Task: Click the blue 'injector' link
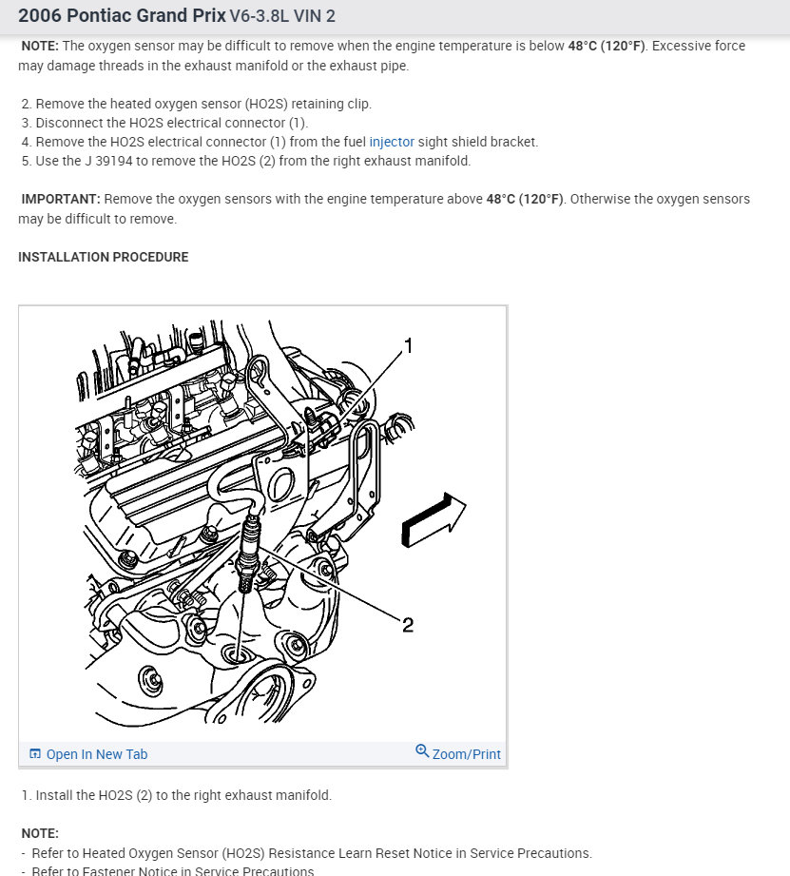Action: point(392,142)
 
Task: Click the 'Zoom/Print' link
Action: point(466,754)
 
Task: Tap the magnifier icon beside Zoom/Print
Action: point(422,750)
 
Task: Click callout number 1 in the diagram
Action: point(409,346)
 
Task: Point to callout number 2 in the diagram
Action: point(408,625)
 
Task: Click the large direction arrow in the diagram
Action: point(434,520)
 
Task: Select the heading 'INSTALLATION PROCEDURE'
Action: point(104,257)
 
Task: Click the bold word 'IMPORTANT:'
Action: point(61,199)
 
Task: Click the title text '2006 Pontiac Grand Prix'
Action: point(122,15)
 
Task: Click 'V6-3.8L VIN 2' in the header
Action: point(282,15)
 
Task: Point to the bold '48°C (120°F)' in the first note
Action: point(606,46)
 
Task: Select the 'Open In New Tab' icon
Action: point(34,753)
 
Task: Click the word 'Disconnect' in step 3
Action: point(69,123)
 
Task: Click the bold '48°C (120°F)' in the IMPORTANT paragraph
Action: point(525,199)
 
